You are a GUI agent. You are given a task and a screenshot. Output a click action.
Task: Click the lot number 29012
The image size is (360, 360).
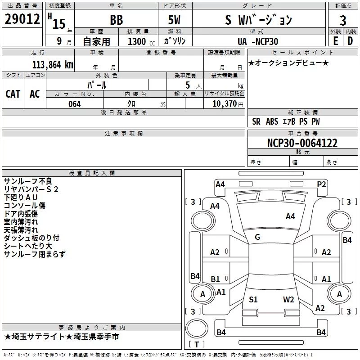pos(22,19)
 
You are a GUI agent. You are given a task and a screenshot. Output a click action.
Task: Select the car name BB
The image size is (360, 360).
pos(117,20)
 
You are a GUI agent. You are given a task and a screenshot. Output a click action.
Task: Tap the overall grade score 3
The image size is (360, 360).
pos(343,21)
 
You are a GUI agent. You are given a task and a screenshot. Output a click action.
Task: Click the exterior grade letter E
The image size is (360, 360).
pos(335,41)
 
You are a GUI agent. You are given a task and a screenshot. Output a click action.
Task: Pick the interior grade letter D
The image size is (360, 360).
pos(350,41)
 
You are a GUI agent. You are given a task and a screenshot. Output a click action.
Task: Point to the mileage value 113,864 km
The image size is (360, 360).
pos(53,65)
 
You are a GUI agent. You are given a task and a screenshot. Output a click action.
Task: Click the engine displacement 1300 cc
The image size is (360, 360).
pos(141,41)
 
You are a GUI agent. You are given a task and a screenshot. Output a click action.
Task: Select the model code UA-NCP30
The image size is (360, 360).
pos(258,41)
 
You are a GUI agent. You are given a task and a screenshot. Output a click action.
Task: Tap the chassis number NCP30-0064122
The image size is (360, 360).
pos(302,143)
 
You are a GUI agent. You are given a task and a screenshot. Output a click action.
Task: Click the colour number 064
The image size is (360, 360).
pos(75,104)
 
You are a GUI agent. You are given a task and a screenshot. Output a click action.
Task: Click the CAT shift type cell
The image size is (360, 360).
pos(13,94)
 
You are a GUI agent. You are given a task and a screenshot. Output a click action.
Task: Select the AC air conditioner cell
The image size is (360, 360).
pos(35,94)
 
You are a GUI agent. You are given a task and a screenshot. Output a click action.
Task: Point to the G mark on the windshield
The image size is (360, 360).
pos(257,237)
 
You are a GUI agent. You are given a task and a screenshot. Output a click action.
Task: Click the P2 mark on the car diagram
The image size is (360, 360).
pos(321,184)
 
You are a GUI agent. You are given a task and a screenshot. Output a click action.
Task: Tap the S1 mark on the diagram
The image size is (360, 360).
pos(253,299)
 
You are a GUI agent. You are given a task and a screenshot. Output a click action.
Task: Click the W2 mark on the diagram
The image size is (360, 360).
pos(288,299)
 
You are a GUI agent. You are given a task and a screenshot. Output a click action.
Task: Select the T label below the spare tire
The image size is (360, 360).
pos(197,344)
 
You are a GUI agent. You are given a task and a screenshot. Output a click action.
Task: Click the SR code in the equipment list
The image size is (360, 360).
pos(256,121)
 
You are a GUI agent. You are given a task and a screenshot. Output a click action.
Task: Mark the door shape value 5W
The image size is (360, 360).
pos(174,20)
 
